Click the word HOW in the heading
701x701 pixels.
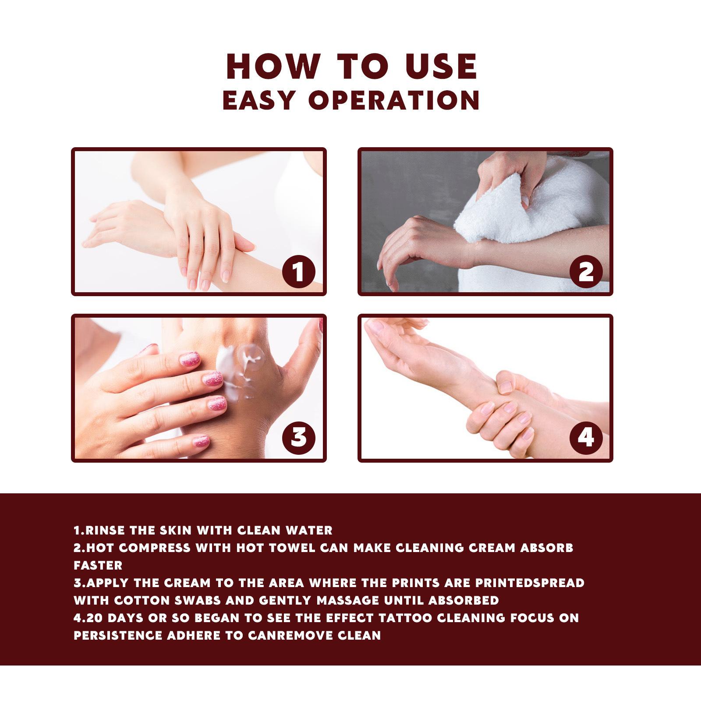(273, 67)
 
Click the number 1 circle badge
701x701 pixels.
(298, 272)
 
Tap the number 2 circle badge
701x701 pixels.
(586, 272)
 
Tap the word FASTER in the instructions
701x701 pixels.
(98, 565)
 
